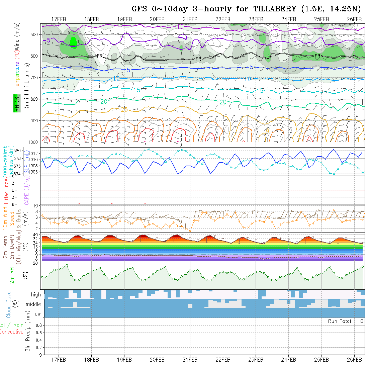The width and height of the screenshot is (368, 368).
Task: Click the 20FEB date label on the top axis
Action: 157,19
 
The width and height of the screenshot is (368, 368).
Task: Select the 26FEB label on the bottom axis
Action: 354,360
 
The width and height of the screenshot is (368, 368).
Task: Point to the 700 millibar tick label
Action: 34,77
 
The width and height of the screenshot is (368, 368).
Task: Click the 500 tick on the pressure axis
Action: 34,34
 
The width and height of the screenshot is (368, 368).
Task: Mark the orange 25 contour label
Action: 124,109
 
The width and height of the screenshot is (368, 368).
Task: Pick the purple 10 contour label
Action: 180,26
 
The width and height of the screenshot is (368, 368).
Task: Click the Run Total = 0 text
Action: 346,321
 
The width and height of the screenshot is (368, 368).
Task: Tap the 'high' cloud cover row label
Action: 35,295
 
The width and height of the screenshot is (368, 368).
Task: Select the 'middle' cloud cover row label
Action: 33,304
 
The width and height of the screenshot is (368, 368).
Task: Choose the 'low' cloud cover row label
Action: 37,314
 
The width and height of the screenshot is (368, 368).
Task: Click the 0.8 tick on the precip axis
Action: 39,325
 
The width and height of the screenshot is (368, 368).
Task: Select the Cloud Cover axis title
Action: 9,304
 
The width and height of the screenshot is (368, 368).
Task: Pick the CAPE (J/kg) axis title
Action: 26,190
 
